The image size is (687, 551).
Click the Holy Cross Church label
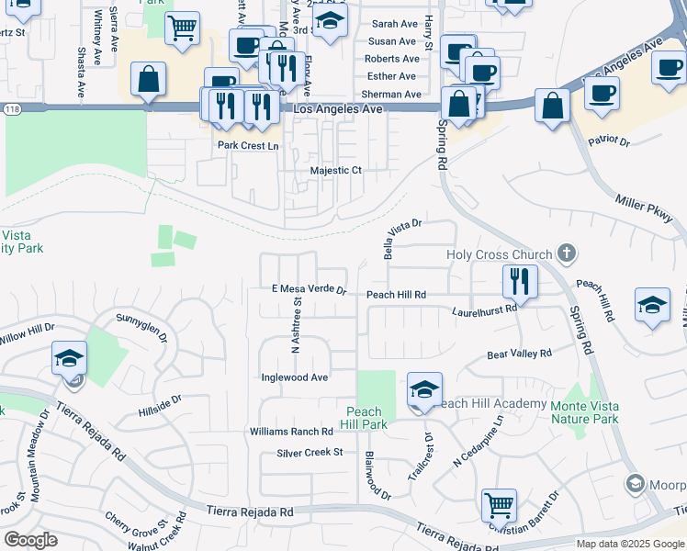(499, 254)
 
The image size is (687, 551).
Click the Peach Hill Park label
(367, 418)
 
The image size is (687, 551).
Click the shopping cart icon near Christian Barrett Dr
(499, 504)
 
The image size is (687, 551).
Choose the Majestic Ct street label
(337, 171)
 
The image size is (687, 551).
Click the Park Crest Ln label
(247, 145)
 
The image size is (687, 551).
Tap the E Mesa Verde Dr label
(309, 289)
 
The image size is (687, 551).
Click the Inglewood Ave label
(294, 377)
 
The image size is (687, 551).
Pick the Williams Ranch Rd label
(290, 432)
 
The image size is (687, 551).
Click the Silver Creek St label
(310, 453)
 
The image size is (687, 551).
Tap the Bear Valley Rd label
(519, 354)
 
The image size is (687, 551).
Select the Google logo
(31, 539)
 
